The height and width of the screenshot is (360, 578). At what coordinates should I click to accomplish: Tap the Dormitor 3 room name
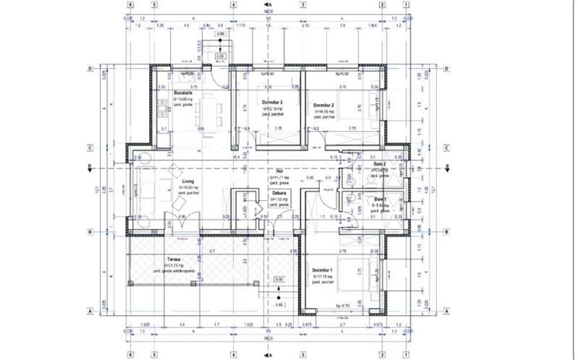(272, 103)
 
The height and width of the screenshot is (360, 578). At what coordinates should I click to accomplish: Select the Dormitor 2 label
(324, 105)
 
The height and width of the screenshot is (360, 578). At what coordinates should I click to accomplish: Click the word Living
(188, 182)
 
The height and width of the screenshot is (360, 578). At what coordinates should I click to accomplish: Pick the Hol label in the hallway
(279, 171)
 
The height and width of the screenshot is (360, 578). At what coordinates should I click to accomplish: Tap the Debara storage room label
(279, 193)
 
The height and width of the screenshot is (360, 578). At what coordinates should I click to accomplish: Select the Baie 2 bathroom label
(380, 164)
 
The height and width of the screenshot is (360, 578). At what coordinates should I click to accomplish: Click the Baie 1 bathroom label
(381, 199)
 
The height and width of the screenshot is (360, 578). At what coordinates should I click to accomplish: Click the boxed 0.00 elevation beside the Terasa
(279, 280)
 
